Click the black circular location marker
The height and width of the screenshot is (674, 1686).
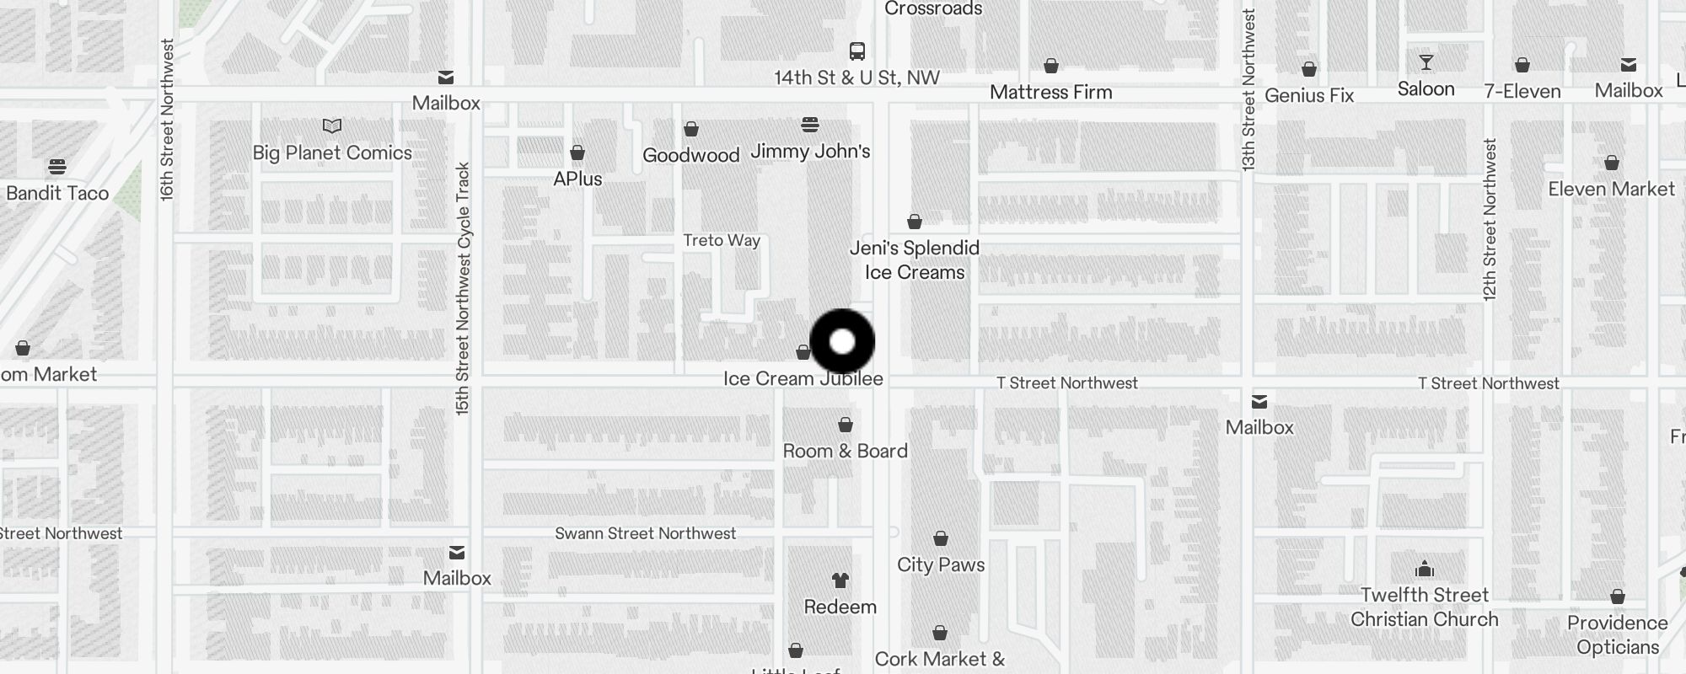coord(842,341)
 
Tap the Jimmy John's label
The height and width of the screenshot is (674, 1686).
coord(810,152)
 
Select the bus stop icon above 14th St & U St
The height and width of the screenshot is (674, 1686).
coord(857,51)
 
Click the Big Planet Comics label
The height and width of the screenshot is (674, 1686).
coord(332,152)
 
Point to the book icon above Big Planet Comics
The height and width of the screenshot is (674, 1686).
coord(332,126)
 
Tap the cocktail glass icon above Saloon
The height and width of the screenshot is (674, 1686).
coord(1426,63)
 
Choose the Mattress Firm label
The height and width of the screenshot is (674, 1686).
coord(1050,93)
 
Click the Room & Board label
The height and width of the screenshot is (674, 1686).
coord(845,451)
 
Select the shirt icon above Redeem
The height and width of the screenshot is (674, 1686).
coord(840,580)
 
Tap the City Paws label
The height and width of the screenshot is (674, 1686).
coord(941,564)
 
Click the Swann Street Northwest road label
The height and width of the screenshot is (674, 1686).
coord(645,533)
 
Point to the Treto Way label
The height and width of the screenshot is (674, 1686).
coord(722,241)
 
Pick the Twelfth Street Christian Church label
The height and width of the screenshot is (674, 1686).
coord(1424,607)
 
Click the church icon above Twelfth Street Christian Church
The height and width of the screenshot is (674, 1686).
coord(1424,569)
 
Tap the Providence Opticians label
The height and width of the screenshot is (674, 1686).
coord(1617,635)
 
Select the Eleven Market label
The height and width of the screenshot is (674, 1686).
coord(1611,190)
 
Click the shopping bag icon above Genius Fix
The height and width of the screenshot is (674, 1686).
coord(1308,69)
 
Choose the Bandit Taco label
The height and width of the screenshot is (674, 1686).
coord(57,194)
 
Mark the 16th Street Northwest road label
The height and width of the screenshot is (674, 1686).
coord(167,119)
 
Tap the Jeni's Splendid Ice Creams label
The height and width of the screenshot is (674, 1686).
coord(915,260)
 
